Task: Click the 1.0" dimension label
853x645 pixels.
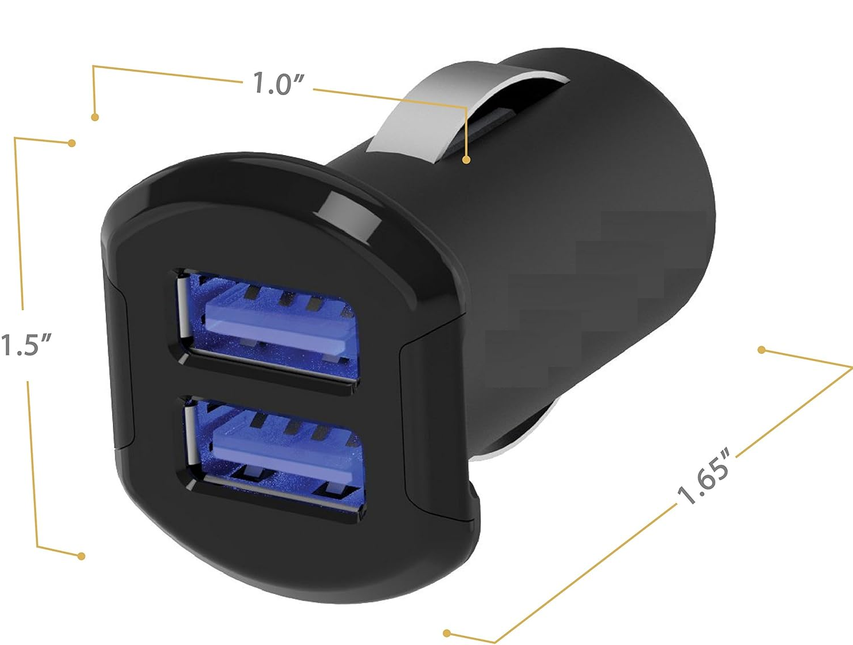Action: coord(278,84)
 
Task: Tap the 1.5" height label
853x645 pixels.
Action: coord(26,345)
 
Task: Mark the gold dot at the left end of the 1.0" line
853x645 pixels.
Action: coord(95,117)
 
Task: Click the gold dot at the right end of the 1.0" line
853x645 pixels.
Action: coord(466,160)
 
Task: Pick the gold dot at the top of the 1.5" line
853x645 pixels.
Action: coord(72,143)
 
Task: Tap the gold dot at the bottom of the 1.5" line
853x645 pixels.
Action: coord(81,556)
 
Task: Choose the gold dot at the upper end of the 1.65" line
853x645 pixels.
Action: coord(761,350)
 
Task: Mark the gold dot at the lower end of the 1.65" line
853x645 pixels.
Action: coord(447,633)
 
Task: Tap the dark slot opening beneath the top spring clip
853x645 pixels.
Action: coord(487,126)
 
